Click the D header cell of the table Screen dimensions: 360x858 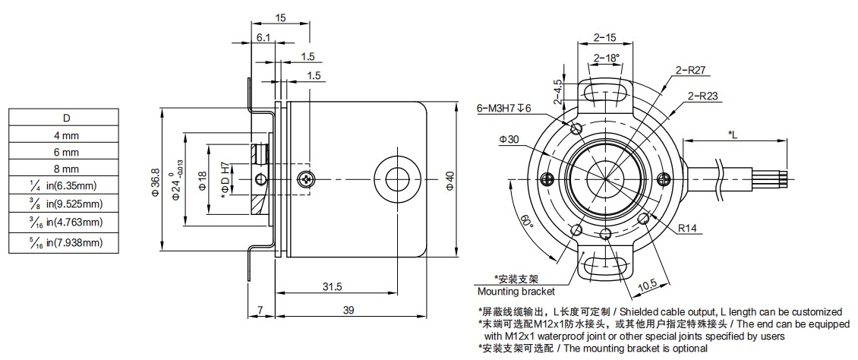click(x=65, y=118)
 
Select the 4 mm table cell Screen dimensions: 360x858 click(x=65, y=135)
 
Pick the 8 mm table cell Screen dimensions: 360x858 click(x=65, y=169)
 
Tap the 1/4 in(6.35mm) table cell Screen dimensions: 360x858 click(x=65, y=186)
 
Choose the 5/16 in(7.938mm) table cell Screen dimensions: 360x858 click(x=65, y=243)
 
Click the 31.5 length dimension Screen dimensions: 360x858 click(x=332, y=286)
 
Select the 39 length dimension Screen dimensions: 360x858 click(x=349, y=311)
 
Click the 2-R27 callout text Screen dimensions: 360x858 click(x=691, y=71)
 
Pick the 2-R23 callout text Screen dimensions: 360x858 click(x=702, y=96)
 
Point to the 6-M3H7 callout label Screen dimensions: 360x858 click(x=505, y=108)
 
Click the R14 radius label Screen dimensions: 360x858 click(x=688, y=227)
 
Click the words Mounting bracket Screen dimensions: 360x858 click(x=516, y=291)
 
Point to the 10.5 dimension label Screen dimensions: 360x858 click(x=647, y=285)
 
